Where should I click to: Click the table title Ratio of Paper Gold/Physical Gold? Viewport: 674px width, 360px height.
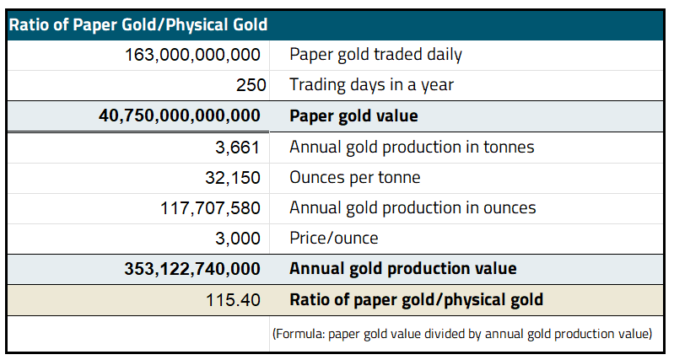click(x=138, y=24)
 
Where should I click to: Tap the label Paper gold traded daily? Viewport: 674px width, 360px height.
click(x=375, y=55)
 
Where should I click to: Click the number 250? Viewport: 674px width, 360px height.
click(x=251, y=85)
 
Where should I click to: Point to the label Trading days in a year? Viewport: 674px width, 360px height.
click(x=372, y=85)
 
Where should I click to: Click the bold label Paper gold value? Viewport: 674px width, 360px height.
click(x=353, y=116)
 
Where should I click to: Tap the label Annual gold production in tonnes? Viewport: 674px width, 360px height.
click(x=412, y=147)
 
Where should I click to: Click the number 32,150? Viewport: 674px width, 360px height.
click(x=234, y=177)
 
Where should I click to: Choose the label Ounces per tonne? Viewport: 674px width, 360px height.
click(x=354, y=177)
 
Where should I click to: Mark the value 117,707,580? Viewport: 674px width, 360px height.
click(x=210, y=207)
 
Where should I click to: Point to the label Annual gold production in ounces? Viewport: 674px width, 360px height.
click(x=412, y=207)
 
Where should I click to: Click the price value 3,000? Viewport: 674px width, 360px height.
click(x=239, y=239)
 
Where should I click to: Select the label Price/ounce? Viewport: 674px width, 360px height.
click(x=333, y=239)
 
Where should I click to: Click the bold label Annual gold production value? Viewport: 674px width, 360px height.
click(x=402, y=269)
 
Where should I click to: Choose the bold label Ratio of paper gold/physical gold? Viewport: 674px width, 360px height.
click(x=416, y=299)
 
